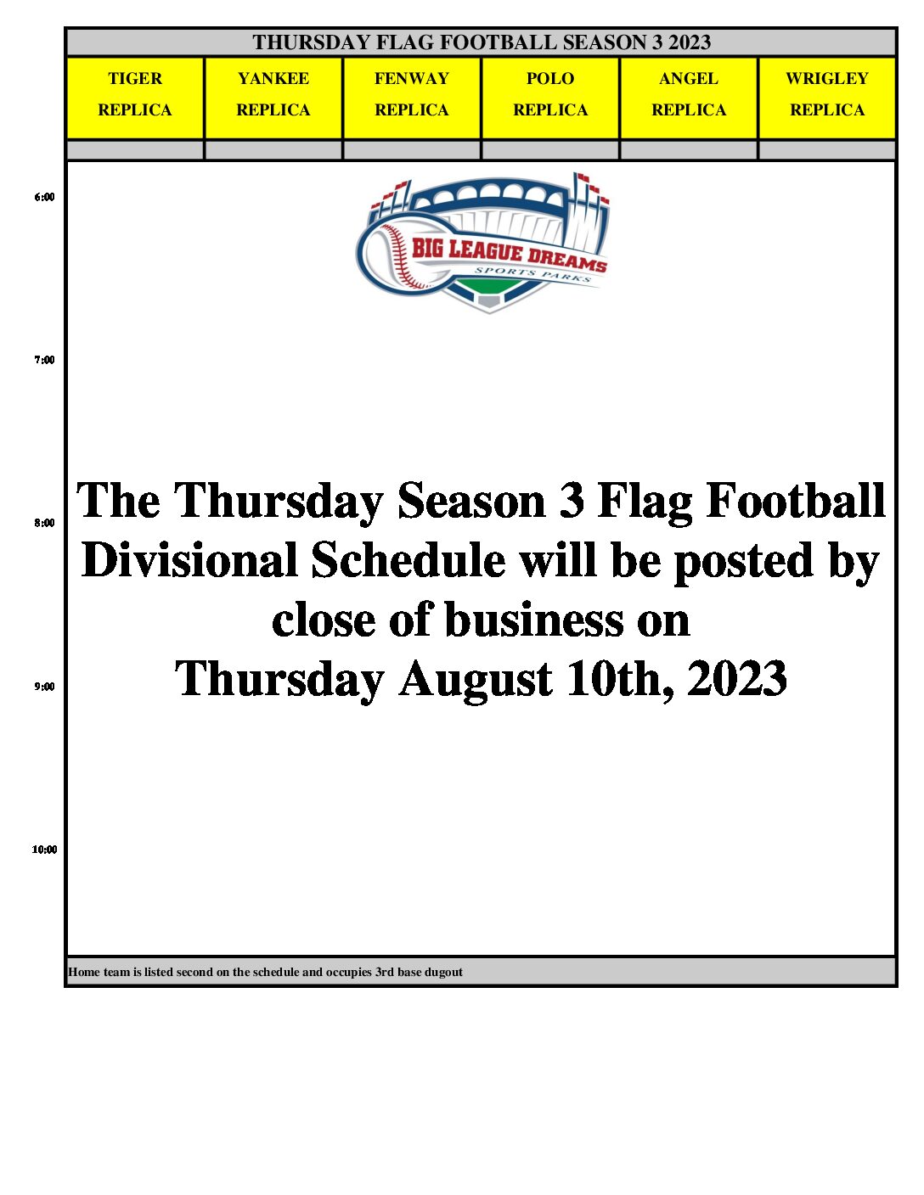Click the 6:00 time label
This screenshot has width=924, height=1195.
(x=44, y=198)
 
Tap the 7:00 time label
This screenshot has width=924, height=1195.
(x=44, y=360)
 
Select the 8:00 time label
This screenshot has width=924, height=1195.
(x=44, y=523)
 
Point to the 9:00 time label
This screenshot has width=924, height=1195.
(x=44, y=687)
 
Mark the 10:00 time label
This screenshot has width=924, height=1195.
(x=44, y=850)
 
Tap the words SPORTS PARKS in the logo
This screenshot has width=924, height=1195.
(x=532, y=274)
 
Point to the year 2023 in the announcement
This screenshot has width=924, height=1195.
(x=737, y=678)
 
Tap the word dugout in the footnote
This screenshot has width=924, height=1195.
(x=445, y=973)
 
